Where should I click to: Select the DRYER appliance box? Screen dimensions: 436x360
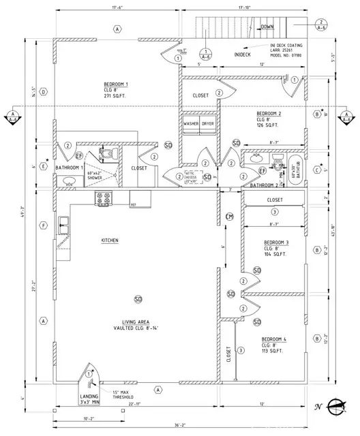(x=208, y=124)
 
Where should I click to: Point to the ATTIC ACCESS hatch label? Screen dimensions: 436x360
(x=194, y=175)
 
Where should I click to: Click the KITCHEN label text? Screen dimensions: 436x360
(x=111, y=241)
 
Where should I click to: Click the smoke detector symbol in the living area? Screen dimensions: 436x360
(x=138, y=299)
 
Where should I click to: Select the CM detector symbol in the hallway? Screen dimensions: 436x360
(x=230, y=217)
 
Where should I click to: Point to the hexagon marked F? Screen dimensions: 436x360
(x=43, y=225)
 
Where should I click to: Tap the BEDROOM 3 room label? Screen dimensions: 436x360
(x=277, y=242)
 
